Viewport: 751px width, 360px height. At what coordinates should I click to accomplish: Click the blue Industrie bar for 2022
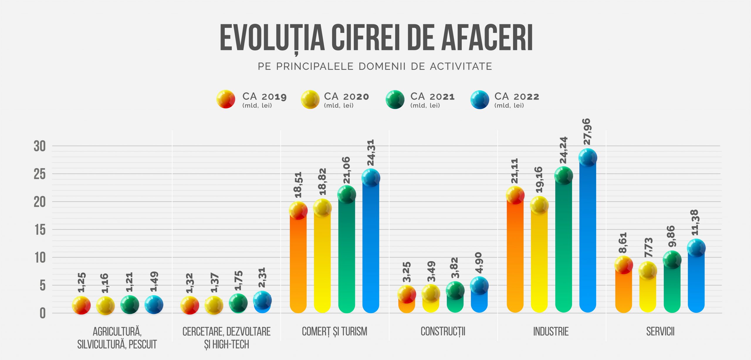[x=588, y=235]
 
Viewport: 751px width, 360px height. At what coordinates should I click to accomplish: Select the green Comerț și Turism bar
[x=347, y=255]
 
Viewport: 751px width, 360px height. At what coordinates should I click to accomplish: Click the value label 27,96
[x=587, y=132]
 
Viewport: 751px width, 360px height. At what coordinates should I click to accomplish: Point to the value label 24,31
[x=371, y=153]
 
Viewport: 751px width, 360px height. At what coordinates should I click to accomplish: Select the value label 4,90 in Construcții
[x=479, y=262]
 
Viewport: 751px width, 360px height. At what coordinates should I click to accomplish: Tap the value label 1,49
[x=154, y=282]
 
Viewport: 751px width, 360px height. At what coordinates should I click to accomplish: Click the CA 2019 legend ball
[x=226, y=99]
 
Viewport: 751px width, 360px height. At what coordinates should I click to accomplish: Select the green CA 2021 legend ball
[x=395, y=99]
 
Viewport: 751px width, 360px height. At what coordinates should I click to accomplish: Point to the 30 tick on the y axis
[x=40, y=146]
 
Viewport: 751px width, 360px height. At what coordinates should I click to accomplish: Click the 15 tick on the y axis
[x=40, y=230]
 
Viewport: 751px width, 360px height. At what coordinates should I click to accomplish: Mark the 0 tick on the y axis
[x=43, y=314]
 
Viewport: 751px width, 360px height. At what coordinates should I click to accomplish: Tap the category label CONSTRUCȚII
[x=443, y=332]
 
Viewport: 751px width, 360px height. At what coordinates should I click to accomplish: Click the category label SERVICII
[x=660, y=332]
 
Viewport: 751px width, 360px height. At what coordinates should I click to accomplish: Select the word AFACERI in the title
[x=487, y=38]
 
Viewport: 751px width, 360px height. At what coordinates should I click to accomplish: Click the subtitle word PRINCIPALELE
[x=314, y=67]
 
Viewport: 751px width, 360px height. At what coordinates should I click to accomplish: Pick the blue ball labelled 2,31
[x=262, y=300]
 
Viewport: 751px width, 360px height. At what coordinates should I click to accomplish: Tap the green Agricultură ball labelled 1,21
[x=130, y=305]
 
